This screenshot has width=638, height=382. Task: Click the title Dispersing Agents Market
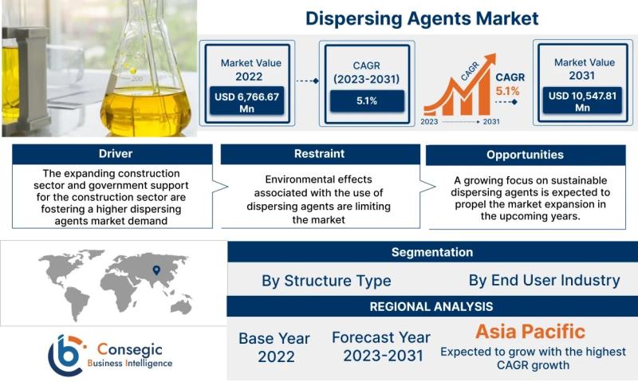[422, 18]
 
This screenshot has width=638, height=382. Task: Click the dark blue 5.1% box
[367, 101]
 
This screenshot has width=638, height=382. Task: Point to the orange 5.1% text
[507, 91]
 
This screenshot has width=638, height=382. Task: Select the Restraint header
[321, 154]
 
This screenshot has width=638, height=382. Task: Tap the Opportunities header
[526, 155]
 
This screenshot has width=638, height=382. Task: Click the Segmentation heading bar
[432, 252]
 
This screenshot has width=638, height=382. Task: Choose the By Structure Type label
[326, 281]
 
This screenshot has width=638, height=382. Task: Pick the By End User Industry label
[544, 280]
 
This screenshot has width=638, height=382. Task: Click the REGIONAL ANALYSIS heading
[431, 306]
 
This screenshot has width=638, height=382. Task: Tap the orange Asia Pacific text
[530, 332]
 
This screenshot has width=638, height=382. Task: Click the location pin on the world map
[156, 270]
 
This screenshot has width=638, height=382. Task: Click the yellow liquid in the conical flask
[145, 111]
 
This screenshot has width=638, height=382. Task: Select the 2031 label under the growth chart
[491, 122]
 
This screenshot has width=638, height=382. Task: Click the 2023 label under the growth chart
[429, 122]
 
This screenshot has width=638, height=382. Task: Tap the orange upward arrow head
[490, 59]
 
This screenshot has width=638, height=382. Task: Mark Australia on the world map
[181, 306]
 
